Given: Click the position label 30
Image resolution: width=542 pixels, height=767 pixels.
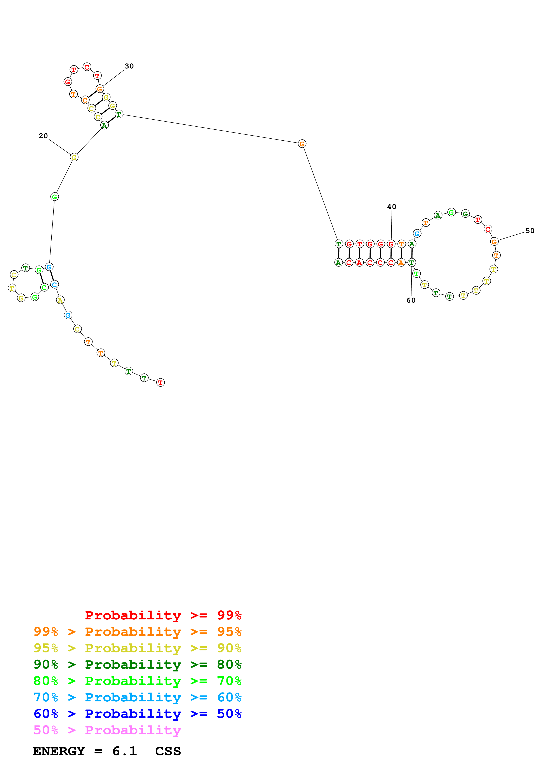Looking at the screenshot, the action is click(129, 66).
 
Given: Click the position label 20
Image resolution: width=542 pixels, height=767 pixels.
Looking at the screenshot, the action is click(43, 136).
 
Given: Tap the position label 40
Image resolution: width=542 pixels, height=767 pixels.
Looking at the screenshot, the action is click(392, 207).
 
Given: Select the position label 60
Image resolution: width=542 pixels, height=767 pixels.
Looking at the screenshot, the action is click(411, 300).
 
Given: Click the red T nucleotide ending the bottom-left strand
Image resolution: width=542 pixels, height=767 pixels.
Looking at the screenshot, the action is click(160, 382).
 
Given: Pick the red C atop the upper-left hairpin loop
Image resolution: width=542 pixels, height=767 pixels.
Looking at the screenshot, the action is click(87, 67).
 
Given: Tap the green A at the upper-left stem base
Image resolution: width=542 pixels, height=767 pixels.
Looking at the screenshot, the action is click(105, 126).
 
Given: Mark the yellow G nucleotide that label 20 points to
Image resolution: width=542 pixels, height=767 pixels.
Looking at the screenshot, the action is click(74, 157).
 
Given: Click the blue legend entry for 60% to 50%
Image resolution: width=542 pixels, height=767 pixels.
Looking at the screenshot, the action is click(137, 714).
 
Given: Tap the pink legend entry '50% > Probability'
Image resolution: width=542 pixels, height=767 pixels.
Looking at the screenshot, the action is click(107, 730).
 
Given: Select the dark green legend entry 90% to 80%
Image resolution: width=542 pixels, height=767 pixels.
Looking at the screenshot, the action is click(137, 664).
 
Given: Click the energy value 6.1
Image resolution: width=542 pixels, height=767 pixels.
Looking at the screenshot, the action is click(125, 751).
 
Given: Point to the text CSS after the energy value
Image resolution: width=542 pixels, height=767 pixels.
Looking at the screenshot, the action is click(168, 751).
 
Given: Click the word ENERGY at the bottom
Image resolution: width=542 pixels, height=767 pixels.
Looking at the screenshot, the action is click(59, 751).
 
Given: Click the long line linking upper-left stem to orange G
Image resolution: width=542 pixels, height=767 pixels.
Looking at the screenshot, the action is click(210, 129).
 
